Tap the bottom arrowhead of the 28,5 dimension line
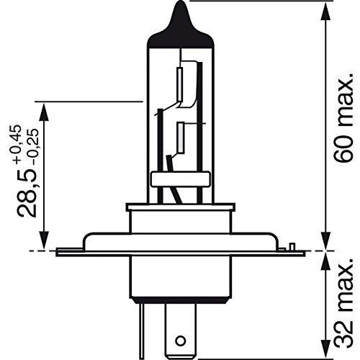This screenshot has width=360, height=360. click(x=46, y=244)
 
